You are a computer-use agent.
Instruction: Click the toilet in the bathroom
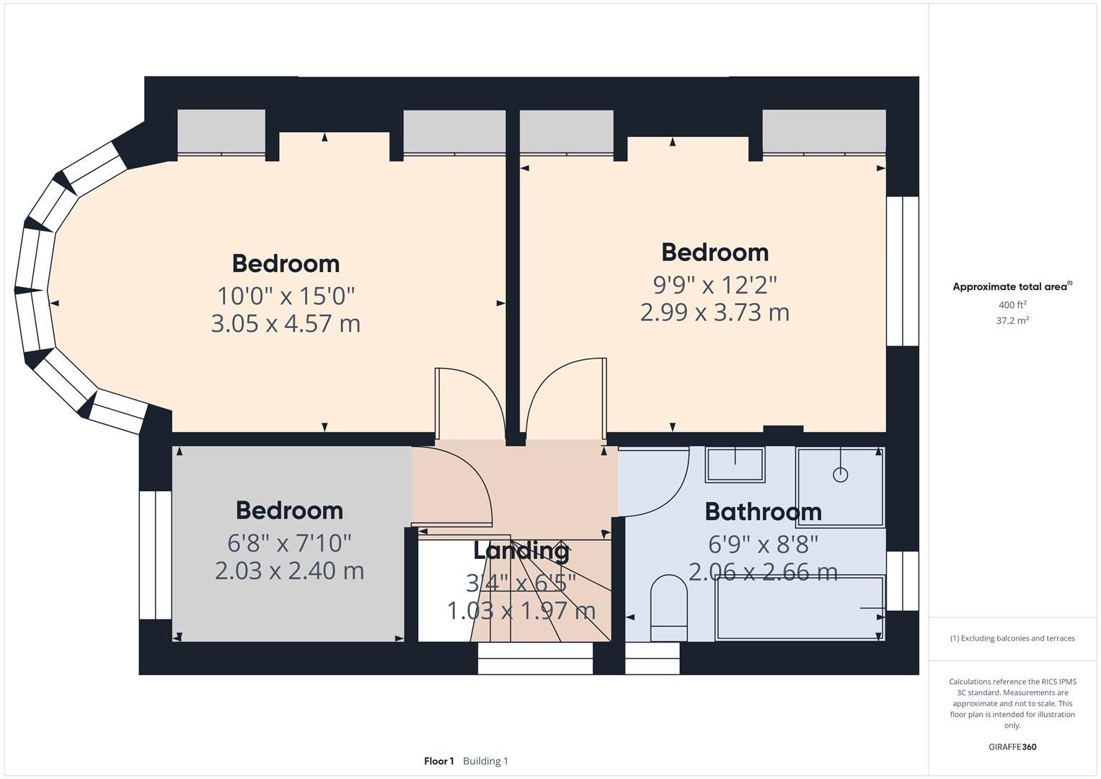point(668,607)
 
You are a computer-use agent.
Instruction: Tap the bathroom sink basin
point(735,465)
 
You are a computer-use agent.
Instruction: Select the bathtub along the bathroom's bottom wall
point(800,607)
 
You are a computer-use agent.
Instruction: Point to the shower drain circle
point(840,475)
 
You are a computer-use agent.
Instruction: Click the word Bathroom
point(763,511)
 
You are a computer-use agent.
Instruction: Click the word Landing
point(521,551)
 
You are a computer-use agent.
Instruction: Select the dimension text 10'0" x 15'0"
point(286,296)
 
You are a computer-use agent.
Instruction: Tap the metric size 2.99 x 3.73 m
point(715,312)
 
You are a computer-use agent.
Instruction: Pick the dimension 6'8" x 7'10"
point(289,542)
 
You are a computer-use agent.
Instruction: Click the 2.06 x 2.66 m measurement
point(763,572)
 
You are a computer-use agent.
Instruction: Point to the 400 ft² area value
point(1012,305)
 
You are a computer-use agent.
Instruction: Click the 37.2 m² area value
point(1012,321)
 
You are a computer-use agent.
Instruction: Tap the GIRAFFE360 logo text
point(1012,747)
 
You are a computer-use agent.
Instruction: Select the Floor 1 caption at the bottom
point(438,761)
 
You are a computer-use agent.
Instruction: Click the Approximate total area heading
point(1011,286)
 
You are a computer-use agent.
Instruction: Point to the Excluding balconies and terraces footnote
point(1012,638)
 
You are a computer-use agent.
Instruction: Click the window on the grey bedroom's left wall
point(155,555)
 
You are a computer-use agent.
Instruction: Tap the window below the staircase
point(535,659)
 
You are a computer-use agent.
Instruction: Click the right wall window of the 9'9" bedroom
point(902,271)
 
